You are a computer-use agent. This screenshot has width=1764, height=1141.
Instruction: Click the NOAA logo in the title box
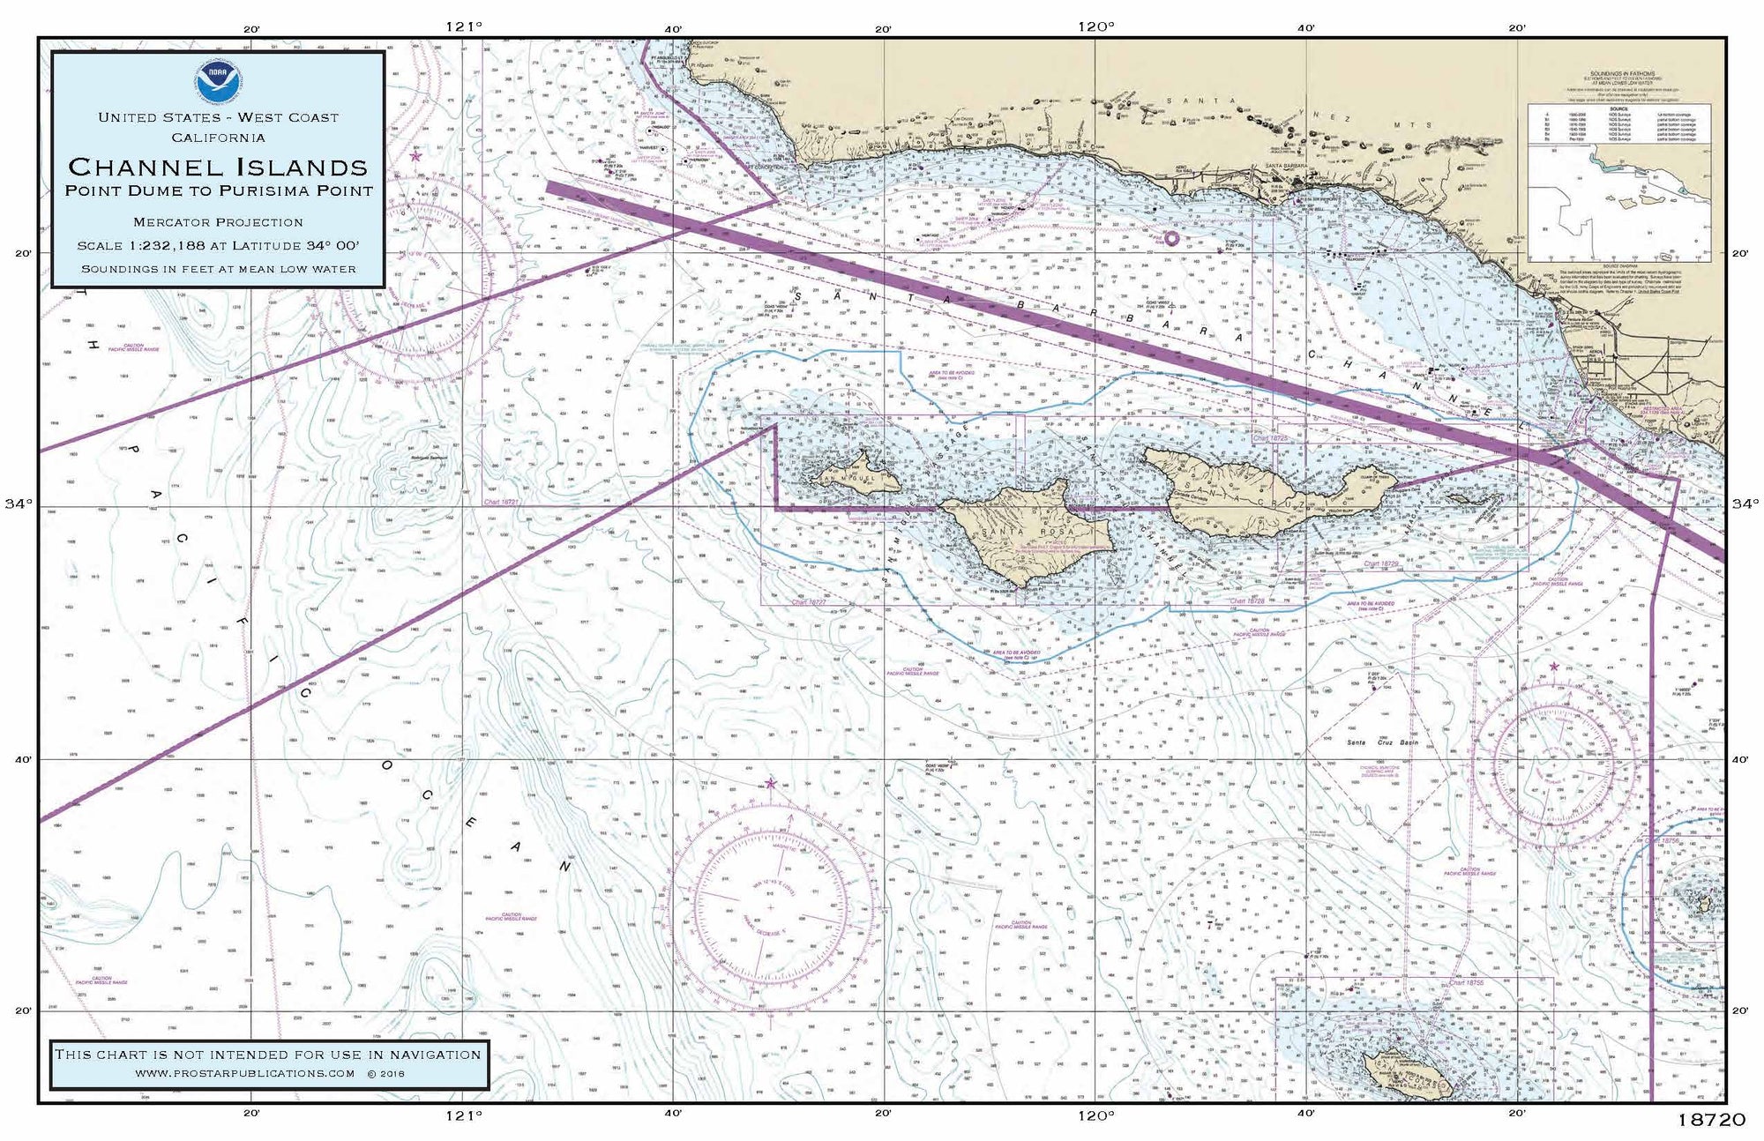click(x=218, y=81)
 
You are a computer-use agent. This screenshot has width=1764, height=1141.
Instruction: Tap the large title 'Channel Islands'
click(x=218, y=166)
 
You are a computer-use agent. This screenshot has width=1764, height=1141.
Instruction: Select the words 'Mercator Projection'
click(x=218, y=222)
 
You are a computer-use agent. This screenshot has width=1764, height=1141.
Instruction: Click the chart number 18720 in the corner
click(x=1711, y=1119)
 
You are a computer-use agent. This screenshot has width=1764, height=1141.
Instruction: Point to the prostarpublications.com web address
click(x=245, y=1073)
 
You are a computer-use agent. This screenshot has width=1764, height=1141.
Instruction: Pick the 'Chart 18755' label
click(x=1465, y=982)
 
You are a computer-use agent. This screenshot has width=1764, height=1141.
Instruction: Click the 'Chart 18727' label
click(x=809, y=602)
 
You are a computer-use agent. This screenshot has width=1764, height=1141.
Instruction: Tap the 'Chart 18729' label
click(x=1382, y=563)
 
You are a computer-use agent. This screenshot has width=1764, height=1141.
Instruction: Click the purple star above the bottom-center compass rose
click(x=771, y=783)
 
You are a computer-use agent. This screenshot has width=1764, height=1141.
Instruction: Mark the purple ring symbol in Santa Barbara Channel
click(x=1171, y=237)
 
